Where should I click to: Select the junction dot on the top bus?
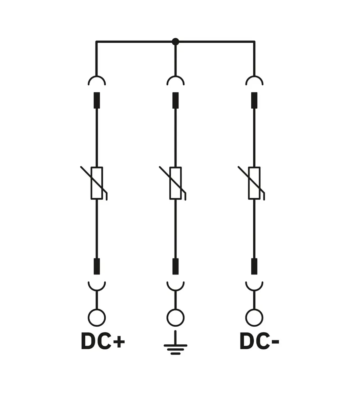click(175, 42)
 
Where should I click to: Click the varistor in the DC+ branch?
click(96, 183)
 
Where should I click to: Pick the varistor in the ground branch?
click(175, 183)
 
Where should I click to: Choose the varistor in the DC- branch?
click(254, 183)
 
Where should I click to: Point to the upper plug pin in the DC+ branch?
click(96, 100)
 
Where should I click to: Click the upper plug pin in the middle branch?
click(175, 100)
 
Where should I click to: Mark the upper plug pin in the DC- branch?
click(254, 100)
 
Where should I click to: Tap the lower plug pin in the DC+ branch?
click(96, 266)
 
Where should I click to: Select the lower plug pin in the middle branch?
click(175, 266)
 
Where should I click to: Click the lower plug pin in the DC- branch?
click(254, 266)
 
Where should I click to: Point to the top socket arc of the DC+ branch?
click(96, 76)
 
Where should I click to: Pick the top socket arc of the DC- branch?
click(254, 76)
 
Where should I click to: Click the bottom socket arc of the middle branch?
click(175, 290)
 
